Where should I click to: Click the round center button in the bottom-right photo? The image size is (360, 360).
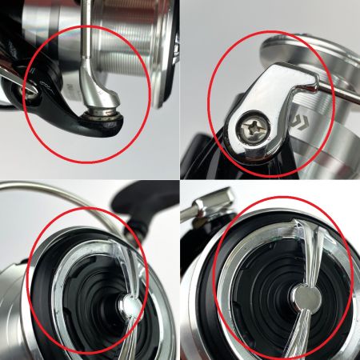[x=303, y=298]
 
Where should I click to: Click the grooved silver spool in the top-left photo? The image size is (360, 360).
[x=128, y=48]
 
